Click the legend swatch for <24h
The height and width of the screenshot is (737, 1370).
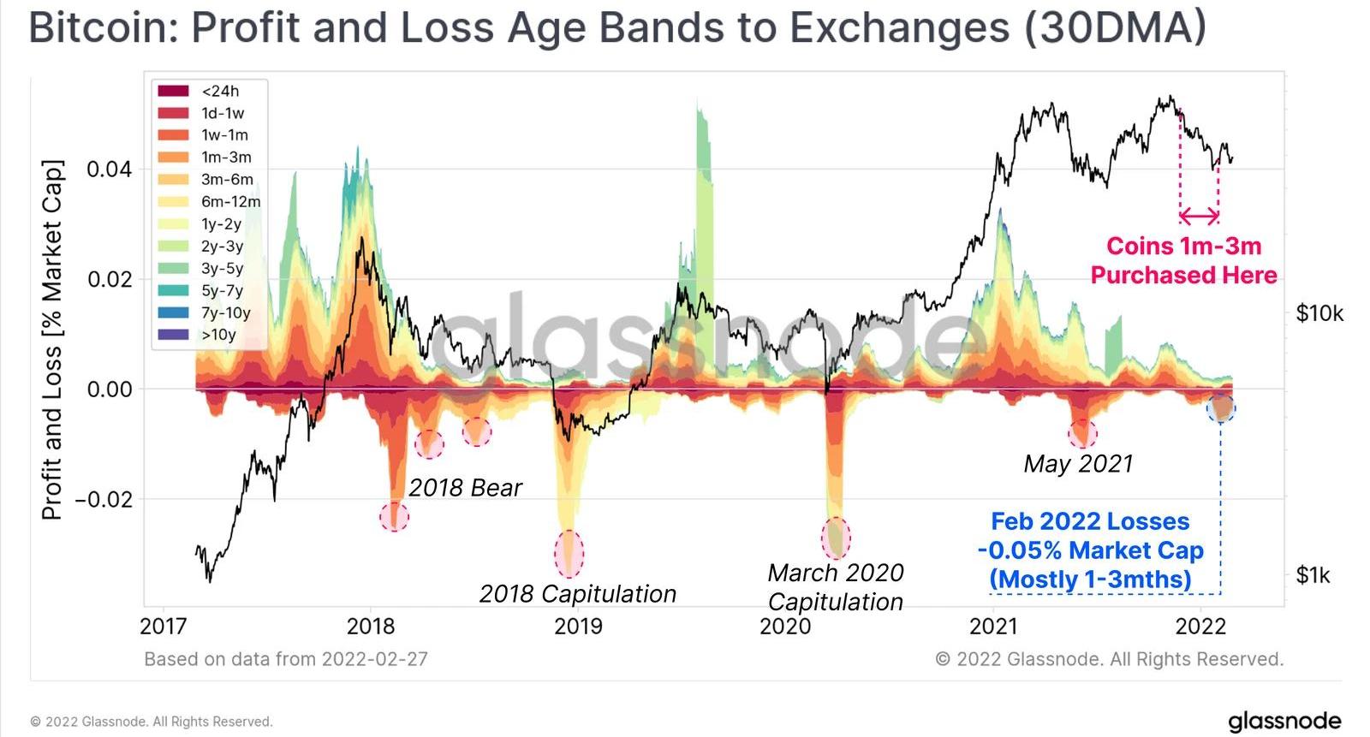pos(173,91)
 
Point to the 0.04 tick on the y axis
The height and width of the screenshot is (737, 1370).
pos(110,169)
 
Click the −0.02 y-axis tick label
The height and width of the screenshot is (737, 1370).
pos(104,499)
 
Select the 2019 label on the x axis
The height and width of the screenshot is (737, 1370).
pos(578,627)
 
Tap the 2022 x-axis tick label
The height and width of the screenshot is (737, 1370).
pos(1200,627)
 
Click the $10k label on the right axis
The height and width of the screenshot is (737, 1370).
pos(1319,313)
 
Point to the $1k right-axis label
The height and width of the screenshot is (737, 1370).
pos(1313,575)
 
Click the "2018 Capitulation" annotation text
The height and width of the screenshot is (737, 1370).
pos(577,593)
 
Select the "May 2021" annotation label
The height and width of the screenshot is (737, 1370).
pos(1078,464)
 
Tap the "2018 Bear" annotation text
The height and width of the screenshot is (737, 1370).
pos(465,488)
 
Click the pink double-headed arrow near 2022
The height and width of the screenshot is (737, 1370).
pos(1199,216)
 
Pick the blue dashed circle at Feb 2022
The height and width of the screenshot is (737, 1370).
pos(1220,407)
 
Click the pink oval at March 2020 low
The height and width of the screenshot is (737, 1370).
pos(837,538)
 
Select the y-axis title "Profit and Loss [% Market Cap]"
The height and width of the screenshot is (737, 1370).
pos(53,340)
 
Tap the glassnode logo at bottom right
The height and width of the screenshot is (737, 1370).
pos(1284,721)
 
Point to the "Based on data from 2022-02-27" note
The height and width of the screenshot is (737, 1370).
pos(286,659)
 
